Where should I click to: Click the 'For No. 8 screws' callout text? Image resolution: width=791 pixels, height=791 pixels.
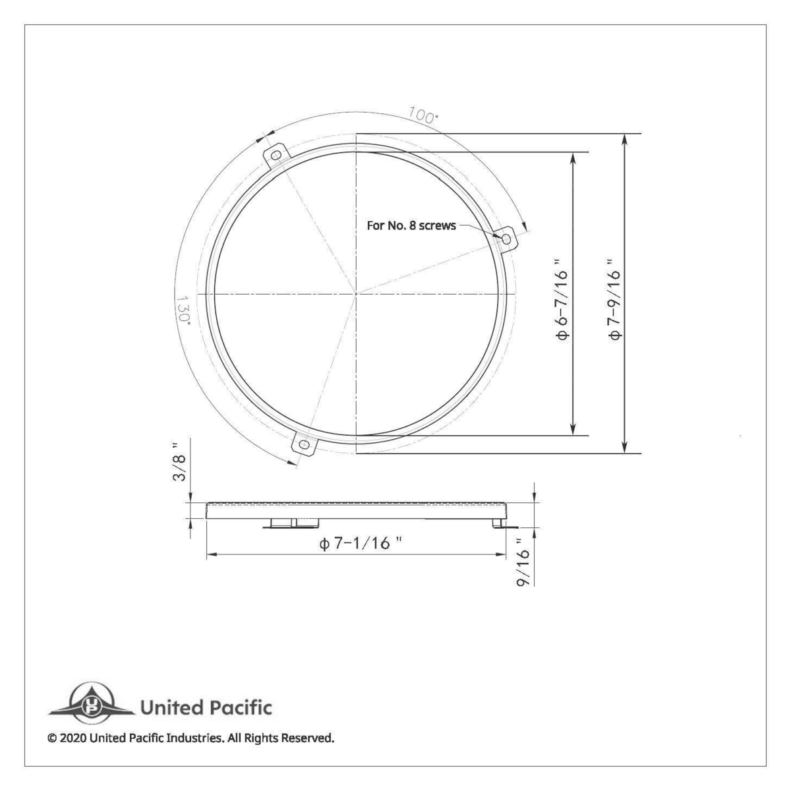[411, 225]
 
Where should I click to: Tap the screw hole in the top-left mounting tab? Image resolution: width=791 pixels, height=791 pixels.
[277, 155]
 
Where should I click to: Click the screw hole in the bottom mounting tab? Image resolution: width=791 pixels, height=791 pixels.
[304, 445]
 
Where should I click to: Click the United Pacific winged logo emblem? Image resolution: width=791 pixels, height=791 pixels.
[91, 703]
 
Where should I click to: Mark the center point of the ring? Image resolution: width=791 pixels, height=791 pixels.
[356, 293]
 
